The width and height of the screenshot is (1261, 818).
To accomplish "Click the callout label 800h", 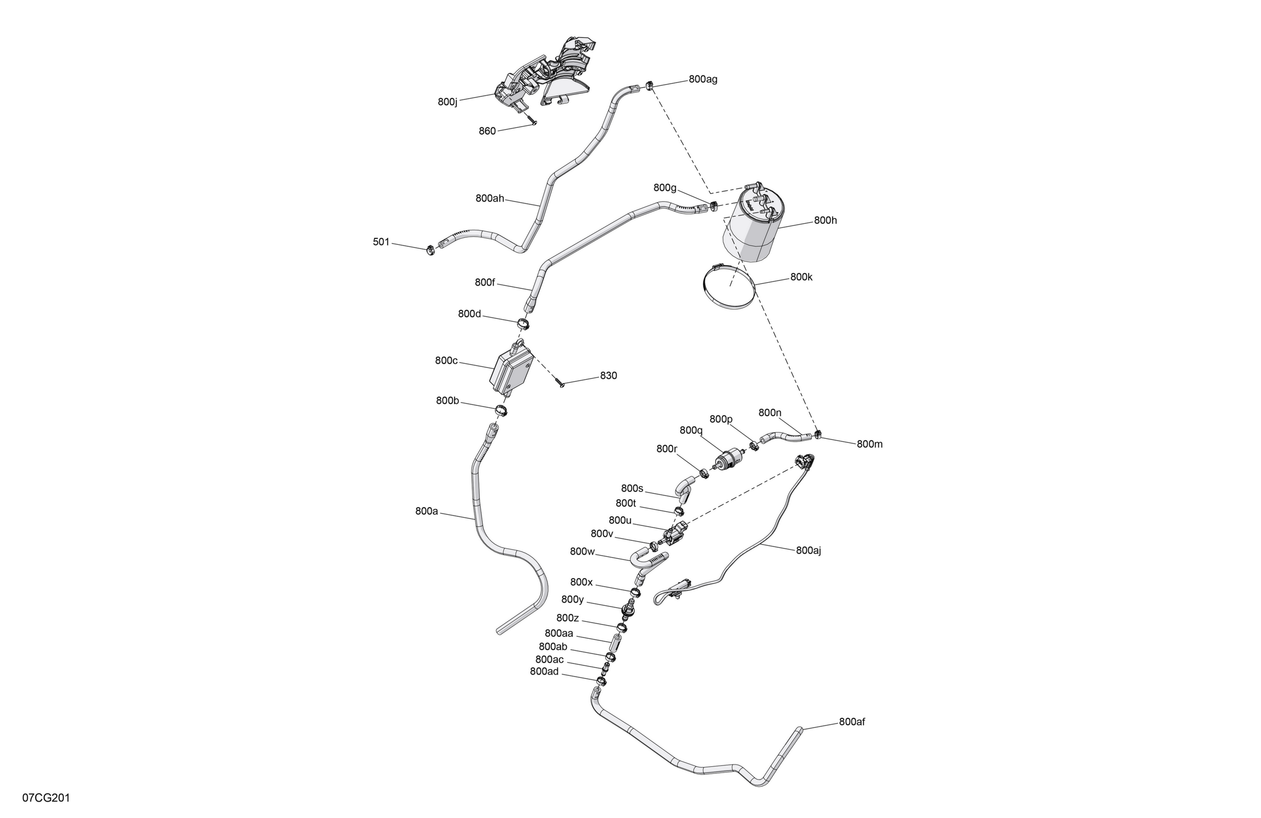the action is tap(826, 220).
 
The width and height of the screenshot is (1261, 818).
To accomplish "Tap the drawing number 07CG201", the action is tap(46, 798).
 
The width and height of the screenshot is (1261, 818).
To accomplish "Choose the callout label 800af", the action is tap(852, 722).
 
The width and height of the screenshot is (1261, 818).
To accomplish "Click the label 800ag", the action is tap(703, 79).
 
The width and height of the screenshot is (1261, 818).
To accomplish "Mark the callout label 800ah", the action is tap(490, 198).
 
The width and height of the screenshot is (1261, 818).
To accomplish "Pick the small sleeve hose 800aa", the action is tap(618, 643).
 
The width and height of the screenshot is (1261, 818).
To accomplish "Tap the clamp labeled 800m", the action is tap(818, 435).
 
